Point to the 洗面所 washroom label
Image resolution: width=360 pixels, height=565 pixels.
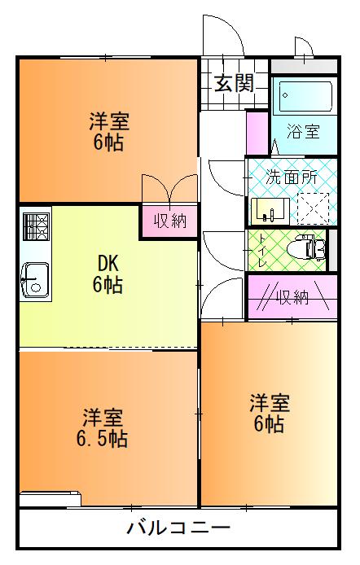[x=292, y=174]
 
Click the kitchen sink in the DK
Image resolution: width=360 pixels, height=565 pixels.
[x=34, y=279]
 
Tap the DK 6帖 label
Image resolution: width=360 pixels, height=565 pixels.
[x=108, y=275]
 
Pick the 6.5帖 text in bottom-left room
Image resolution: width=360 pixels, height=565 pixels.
[x=104, y=439]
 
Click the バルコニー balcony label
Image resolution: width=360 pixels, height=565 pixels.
[x=178, y=528]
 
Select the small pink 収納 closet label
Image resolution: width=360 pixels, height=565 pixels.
[x=169, y=221]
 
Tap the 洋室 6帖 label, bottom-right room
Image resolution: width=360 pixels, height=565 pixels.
[x=268, y=414]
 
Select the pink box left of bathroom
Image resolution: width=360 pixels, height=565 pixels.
[x=257, y=131]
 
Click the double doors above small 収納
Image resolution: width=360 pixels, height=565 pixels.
[x=169, y=189]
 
